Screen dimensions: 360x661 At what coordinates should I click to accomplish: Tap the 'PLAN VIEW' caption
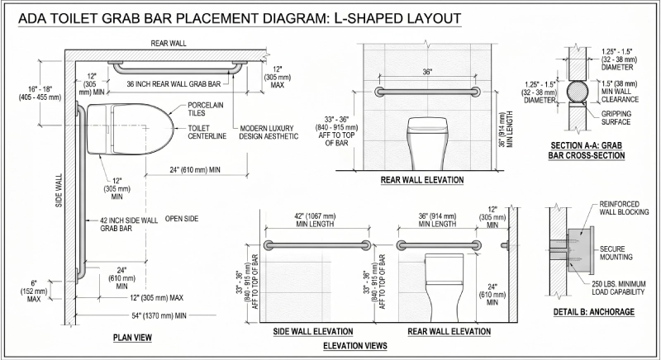point(132,337)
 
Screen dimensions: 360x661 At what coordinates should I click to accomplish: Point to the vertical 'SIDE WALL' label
point(59,190)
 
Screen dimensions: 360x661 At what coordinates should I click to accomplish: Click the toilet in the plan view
point(131,127)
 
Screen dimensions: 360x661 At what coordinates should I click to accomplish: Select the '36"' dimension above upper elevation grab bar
point(426,73)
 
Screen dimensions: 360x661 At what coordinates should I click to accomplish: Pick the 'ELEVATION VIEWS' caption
point(356,345)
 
